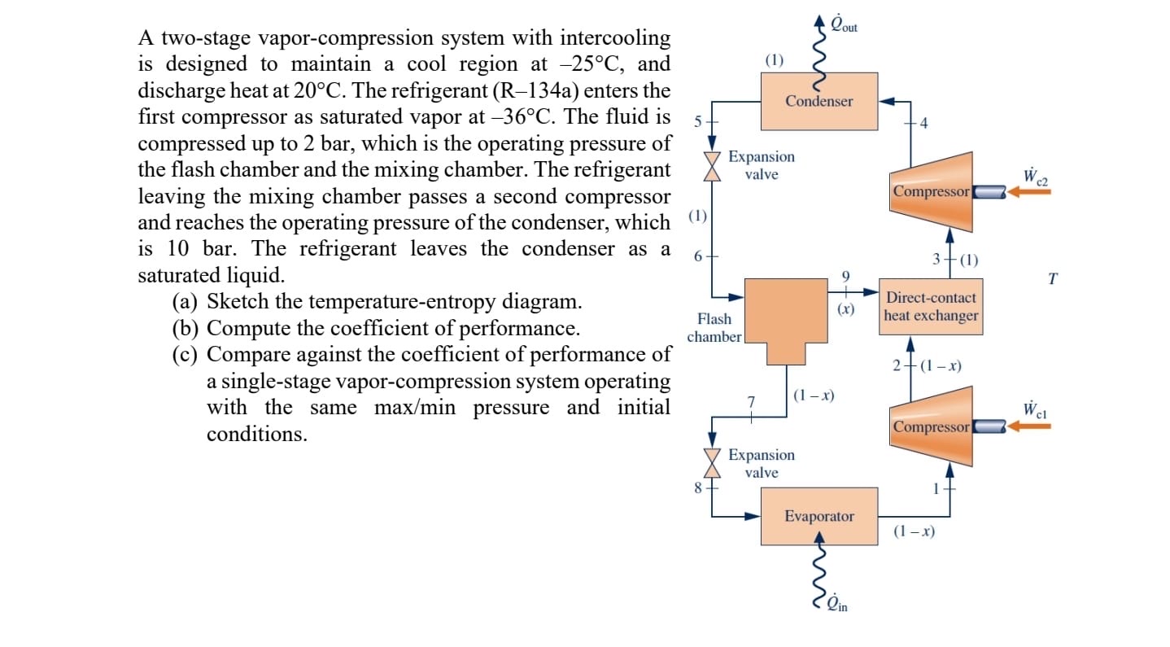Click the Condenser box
tap(819, 101)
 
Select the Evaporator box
tap(819, 516)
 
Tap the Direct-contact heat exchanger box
tap(931, 307)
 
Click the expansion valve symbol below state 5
tap(713, 165)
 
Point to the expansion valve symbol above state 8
tap(713, 463)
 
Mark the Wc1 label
tap(1035, 409)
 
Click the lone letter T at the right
tap(1053, 279)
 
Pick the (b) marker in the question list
tap(186, 329)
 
